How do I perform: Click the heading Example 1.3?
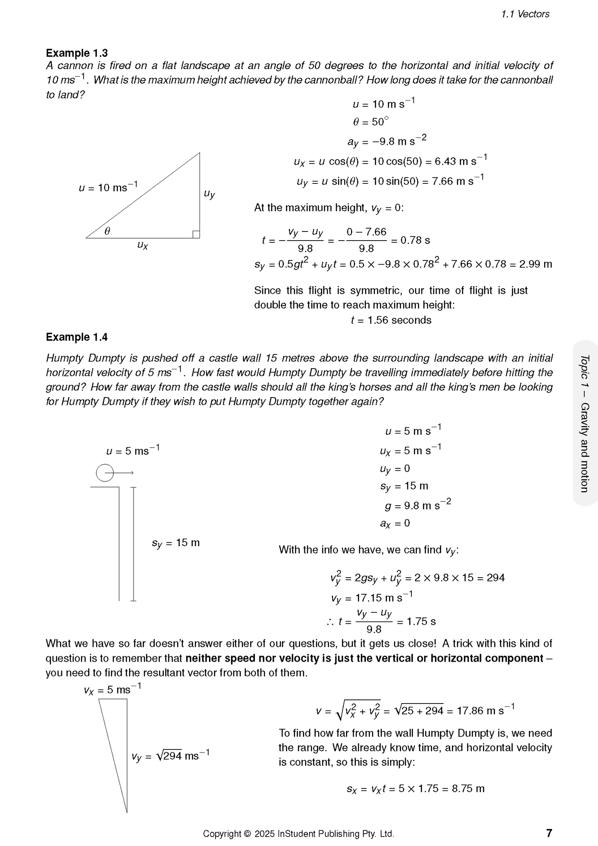[x=77, y=53]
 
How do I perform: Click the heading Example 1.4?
[x=77, y=337]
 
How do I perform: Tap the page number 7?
[x=549, y=833]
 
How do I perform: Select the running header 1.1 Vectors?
[x=525, y=14]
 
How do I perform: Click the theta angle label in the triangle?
[x=107, y=231]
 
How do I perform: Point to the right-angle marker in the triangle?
[x=196, y=234]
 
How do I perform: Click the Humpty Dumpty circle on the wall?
[x=105, y=473]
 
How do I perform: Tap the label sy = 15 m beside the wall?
[x=175, y=543]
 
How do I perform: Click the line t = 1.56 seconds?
[x=391, y=320]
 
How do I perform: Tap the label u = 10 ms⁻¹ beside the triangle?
[x=108, y=187]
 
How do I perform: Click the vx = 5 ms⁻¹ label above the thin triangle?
[x=112, y=689]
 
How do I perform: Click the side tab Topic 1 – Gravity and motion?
[x=585, y=423]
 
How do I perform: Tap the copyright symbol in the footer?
[x=248, y=834]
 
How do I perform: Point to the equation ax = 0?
[x=395, y=523]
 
